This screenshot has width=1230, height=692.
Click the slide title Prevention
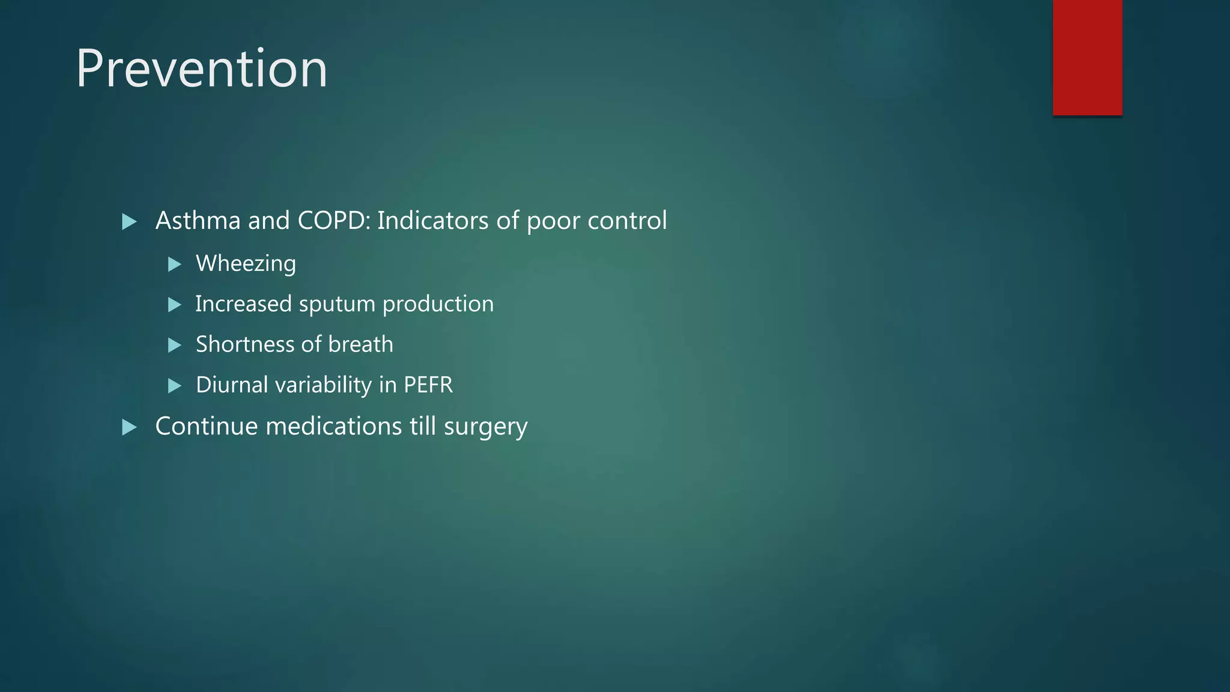coord(201,68)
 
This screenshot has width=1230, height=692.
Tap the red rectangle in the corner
coord(1087,57)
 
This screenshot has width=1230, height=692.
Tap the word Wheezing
coord(246,264)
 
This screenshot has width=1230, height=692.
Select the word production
coord(438,305)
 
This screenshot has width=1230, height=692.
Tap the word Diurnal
coord(232,385)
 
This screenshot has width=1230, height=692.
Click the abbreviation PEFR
coord(428,385)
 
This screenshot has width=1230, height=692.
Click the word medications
coord(334,426)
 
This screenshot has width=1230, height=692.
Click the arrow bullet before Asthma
coord(129,222)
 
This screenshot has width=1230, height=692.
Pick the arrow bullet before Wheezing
coord(175,264)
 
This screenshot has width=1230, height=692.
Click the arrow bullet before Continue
coord(129,428)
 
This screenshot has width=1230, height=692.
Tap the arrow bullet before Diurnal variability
coord(175,386)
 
